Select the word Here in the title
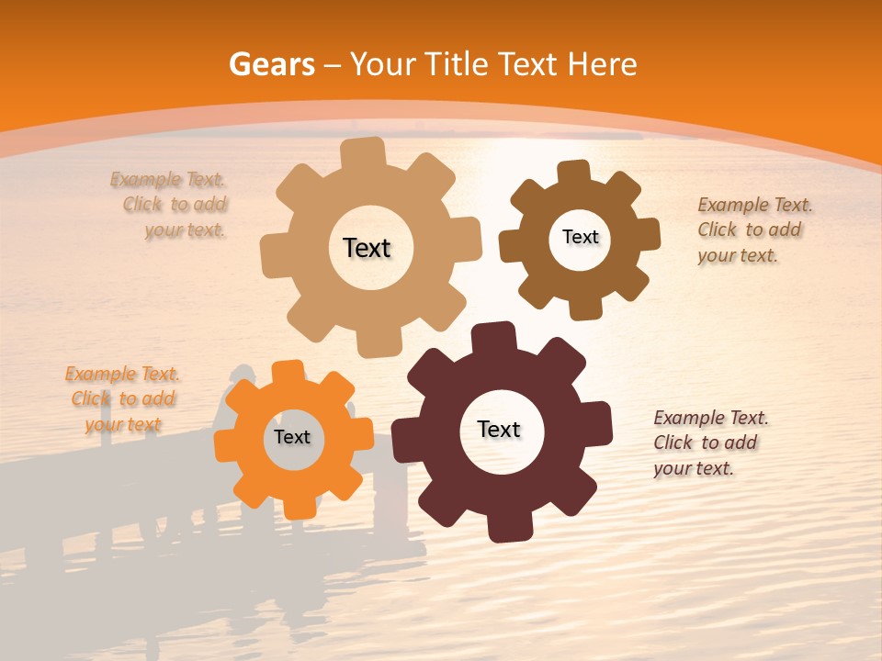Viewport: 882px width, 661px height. click(x=602, y=64)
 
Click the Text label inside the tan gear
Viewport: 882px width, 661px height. click(x=367, y=248)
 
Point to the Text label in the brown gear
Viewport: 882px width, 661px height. click(x=580, y=237)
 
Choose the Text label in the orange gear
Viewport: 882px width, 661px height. click(x=292, y=437)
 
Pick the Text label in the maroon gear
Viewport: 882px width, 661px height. click(x=499, y=429)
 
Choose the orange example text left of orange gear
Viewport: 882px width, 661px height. click(x=122, y=398)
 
